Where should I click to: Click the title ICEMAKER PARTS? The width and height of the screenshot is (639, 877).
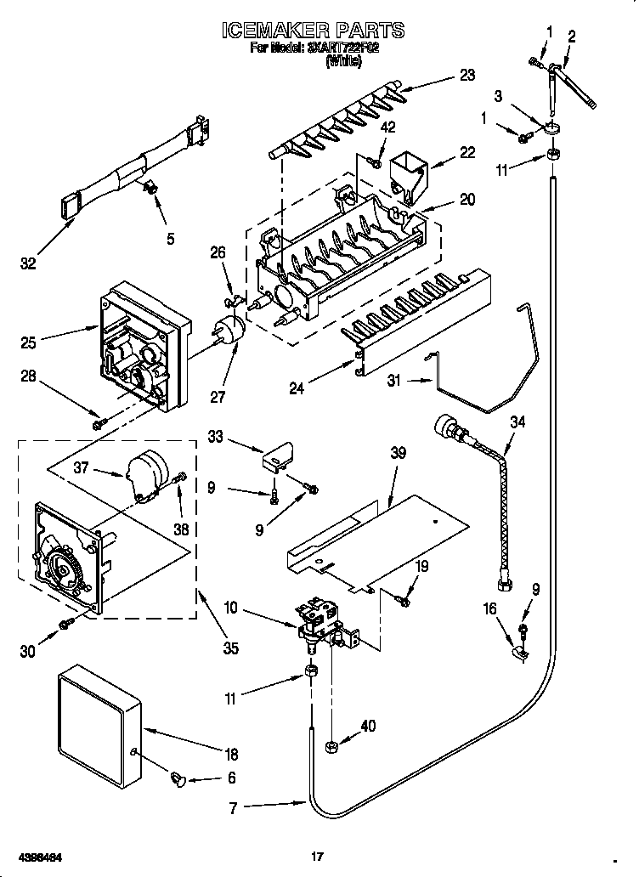[312, 31]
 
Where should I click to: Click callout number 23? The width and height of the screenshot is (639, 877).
[467, 75]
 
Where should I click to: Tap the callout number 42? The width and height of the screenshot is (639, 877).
[387, 129]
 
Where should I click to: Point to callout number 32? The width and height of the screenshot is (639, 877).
[29, 264]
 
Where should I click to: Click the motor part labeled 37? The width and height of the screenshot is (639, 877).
[145, 472]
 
